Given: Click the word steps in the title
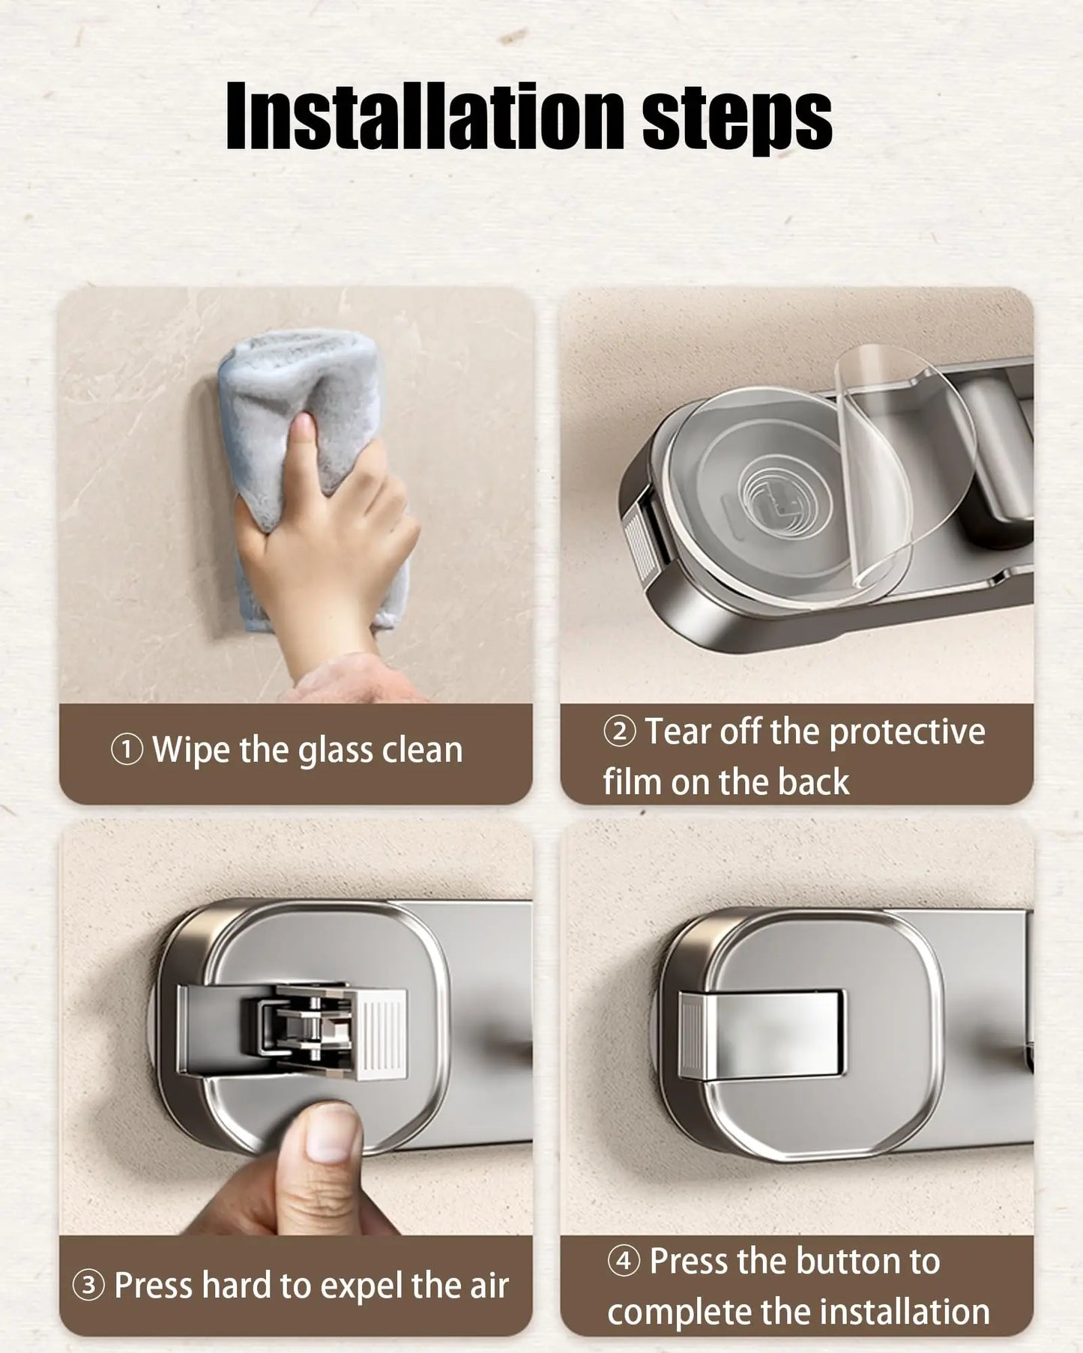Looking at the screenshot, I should point(737,120).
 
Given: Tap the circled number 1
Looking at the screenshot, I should point(127,749).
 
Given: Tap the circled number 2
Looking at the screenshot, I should point(619,731).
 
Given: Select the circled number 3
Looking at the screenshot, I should point(88,1286).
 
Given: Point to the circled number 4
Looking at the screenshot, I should point(624,1261).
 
